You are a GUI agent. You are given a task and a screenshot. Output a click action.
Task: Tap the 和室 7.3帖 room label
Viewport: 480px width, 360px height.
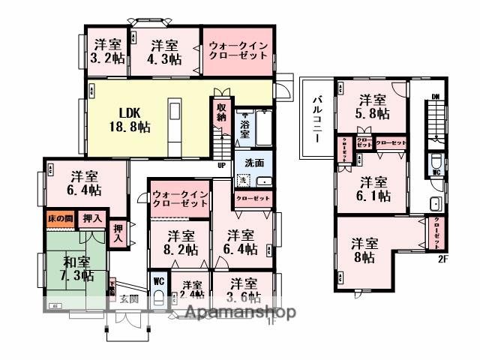(77, 269)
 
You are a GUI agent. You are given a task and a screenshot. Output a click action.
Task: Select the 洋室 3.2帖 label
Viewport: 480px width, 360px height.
(108, 51)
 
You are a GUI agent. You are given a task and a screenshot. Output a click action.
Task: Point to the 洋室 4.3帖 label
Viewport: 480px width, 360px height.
(163, 51)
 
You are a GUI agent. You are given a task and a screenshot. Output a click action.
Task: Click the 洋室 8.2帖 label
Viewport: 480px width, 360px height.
(180, 242)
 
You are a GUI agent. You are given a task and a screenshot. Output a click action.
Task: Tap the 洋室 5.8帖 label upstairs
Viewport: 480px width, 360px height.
(372, 107)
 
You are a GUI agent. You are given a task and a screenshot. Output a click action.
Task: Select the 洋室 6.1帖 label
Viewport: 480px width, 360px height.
(373, 188)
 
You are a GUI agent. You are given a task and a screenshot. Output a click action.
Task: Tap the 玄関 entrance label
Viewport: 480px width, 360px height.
(128, 298)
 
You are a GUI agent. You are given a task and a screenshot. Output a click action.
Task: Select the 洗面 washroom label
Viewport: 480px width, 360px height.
(253, 163)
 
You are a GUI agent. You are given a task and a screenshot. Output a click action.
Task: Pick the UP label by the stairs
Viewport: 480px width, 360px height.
(222, 165)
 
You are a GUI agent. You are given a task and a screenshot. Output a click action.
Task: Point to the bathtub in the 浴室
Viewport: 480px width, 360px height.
(265, 128)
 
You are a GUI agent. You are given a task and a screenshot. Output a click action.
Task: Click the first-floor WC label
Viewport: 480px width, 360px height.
(159, 282)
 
